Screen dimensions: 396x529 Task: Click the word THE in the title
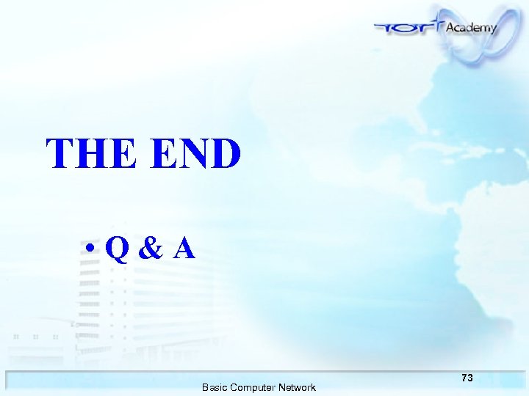[90, 154]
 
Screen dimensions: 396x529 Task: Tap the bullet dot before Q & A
[89, 250]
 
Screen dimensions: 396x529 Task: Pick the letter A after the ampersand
[184, 249]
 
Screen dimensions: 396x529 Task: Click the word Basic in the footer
[215, 387]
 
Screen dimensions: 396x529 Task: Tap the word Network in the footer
[297, 387]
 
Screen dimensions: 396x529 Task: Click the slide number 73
[467, 378]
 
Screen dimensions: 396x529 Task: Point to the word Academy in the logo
[471, 27]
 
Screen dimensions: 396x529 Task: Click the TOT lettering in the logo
[409, 29]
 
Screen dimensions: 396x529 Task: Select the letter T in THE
[62, 154]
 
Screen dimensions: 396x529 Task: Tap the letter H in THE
[92, 154]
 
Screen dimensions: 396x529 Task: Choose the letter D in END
[226, 154]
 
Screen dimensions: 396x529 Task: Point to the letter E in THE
[121, 154]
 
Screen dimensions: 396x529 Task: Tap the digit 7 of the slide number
[464, 378]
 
